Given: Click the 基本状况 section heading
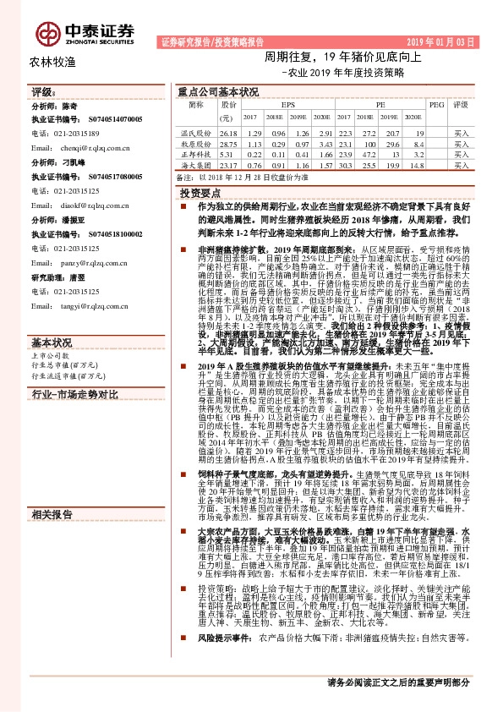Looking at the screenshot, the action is click(52, 320).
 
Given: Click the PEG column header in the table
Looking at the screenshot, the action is click(436, 104).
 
